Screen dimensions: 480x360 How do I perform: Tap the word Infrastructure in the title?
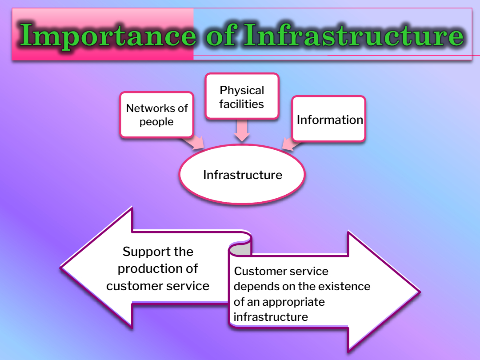tap(354, 35)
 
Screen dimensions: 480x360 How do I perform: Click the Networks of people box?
tap(157, 115)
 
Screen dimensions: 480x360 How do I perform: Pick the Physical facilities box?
tap(242, 96)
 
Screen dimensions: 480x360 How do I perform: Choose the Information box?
tap(329, 119)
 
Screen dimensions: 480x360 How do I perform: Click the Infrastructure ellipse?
tap(242, 174)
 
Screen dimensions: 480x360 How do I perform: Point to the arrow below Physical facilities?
tap(242, 131)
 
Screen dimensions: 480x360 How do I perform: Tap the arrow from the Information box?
tap(292, 144)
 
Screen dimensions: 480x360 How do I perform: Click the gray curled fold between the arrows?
tap(240, 249)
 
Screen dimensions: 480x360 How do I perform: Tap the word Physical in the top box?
tap(242, 91)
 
